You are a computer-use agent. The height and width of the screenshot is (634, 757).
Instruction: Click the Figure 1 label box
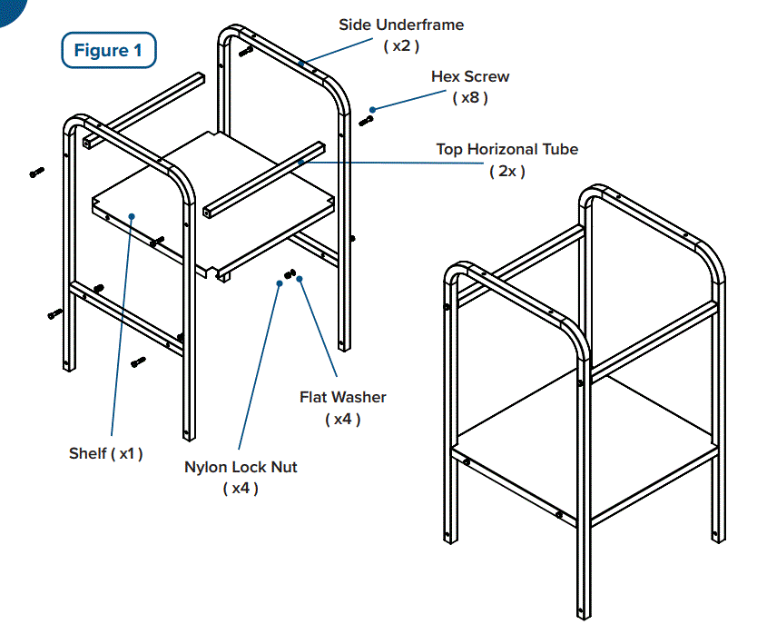pos(108,50)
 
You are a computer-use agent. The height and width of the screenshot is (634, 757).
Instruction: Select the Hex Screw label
pos(469,77)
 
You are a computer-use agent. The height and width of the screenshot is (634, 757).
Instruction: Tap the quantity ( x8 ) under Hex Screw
pos(469,98)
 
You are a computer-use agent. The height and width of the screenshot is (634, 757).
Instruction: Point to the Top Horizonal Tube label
pos(506,150)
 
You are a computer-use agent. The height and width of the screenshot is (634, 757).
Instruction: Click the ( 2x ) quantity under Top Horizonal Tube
pos(506,171)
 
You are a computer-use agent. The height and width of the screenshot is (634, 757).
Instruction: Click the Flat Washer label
pos(342,397)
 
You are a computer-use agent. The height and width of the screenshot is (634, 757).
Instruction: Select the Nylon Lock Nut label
pos(241,468)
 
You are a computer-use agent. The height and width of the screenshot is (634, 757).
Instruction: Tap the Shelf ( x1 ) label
pos(105,453)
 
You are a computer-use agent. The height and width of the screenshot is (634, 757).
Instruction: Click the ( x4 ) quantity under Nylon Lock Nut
pos(241,489)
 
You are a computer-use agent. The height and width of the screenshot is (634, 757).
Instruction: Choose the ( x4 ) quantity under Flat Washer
pos(342,419)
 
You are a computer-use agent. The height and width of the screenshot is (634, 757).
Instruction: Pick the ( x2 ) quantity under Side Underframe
pos(400,45)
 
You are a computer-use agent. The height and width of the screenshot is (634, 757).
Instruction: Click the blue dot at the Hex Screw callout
pos(373,109)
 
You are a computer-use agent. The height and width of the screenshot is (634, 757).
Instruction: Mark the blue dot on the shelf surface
pos(133,216)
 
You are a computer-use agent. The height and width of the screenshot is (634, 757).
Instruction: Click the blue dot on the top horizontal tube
pos(300,163)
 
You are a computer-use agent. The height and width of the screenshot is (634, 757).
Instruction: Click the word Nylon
pos(207,468)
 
